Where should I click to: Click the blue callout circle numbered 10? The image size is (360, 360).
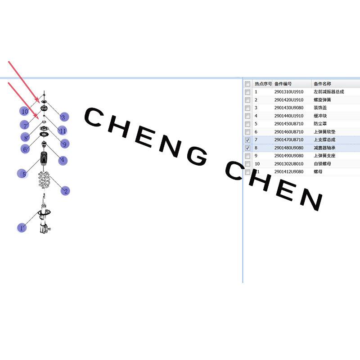click(24, 111)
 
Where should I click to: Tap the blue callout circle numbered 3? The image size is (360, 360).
click(64, 117)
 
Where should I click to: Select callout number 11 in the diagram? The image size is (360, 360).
click(62, 130)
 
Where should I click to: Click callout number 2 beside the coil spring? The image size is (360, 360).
click(65, 191)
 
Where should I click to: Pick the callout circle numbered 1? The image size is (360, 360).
click(22, 228)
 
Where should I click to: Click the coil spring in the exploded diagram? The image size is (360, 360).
click(44, 180)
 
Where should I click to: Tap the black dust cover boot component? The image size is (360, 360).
click(44, 158)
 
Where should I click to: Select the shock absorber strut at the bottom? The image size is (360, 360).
click(44, 218)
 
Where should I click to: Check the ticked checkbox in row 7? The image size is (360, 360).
click(247, 140)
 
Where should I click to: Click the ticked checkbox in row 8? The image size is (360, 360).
click(247, 148)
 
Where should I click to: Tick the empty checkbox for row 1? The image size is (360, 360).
click(247, 92)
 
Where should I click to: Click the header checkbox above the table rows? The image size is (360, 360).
click(247, 84)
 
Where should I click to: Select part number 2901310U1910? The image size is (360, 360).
click(289, 92)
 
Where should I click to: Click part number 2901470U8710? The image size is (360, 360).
click(289, 139)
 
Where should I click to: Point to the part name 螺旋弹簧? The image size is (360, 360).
click(322, 100)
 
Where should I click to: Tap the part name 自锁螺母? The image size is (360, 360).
click(322, 164)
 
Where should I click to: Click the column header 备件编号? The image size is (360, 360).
click(283, 84)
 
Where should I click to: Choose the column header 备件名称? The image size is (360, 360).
click(322, 84)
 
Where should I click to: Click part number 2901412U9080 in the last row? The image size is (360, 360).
click(289, 171)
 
